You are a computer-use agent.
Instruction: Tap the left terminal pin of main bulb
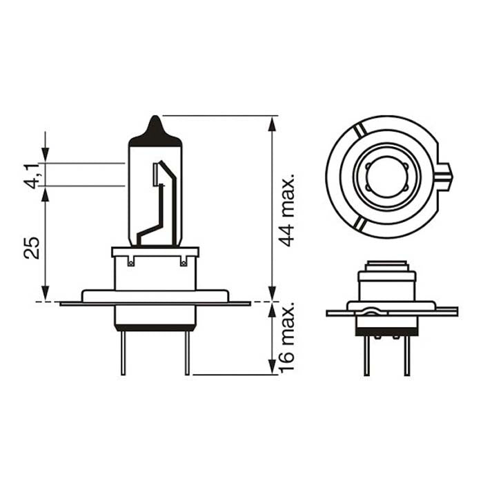pyautogui.click(x=122, y=352)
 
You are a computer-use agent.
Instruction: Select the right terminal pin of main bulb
pyautogui.click(x=187, y=352)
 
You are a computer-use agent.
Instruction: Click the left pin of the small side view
pyautogui.click(x=366, y=355)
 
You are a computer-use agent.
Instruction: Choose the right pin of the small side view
pyautogui.click(x=406, y=355)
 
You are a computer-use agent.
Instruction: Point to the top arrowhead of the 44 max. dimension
pyautogui.click(x=273, y=123)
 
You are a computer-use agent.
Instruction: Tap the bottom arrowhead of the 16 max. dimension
pyautogui.click(x=273, y=368)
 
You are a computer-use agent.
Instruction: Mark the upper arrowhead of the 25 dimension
pyautogui.click(x=46, y=193)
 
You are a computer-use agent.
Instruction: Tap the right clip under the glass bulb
pyautogui.click(x=183, y=261)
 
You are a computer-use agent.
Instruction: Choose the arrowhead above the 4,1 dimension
pyautogui.click(x=46, y=157)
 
